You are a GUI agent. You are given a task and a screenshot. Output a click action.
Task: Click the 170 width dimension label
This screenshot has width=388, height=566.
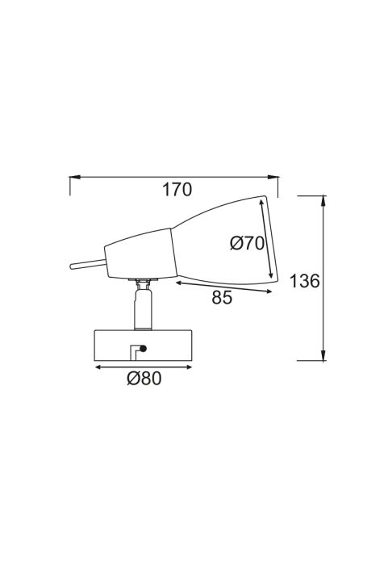pyautogui.click(x=177, y=190)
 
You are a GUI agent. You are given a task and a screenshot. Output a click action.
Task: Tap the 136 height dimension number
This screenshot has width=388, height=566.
pyautogui.click(x=305, y=281)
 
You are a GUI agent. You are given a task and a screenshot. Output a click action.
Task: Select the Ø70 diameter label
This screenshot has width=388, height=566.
pyautogui.click(x=248, y=244)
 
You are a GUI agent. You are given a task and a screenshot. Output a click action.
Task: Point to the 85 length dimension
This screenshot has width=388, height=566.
pyautogui.click(x=222, y=297)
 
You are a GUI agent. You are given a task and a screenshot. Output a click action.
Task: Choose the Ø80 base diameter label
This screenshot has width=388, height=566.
pyautogui.click(x=144, y=379)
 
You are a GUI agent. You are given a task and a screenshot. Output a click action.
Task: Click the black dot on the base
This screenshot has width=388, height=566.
pyautogui.click(x=144, y=349)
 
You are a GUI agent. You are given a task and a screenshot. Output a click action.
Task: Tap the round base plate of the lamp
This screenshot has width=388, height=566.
pyautogui.click(x=144, y=345)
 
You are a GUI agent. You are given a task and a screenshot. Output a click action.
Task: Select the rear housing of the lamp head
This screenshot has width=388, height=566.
pyautogui.click(x=139, y=254)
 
